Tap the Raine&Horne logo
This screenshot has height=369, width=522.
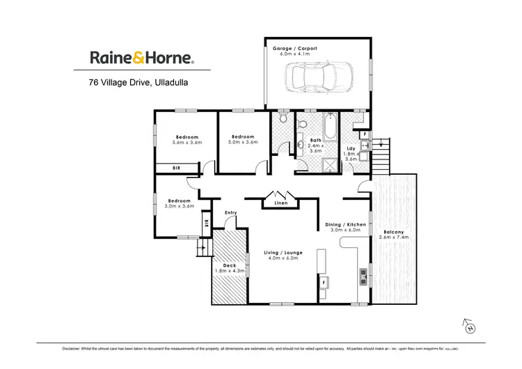point(141,58)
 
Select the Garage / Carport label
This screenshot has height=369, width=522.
point(290,48)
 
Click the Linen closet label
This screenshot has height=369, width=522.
point(281,203)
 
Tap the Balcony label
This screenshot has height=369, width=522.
point(395,231)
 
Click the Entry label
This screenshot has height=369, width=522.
point(231,212)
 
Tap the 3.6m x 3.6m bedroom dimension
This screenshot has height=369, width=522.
point(187,143)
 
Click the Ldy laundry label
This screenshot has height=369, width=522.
point(351,148)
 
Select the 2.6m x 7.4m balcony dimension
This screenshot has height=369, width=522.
point(395,237)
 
